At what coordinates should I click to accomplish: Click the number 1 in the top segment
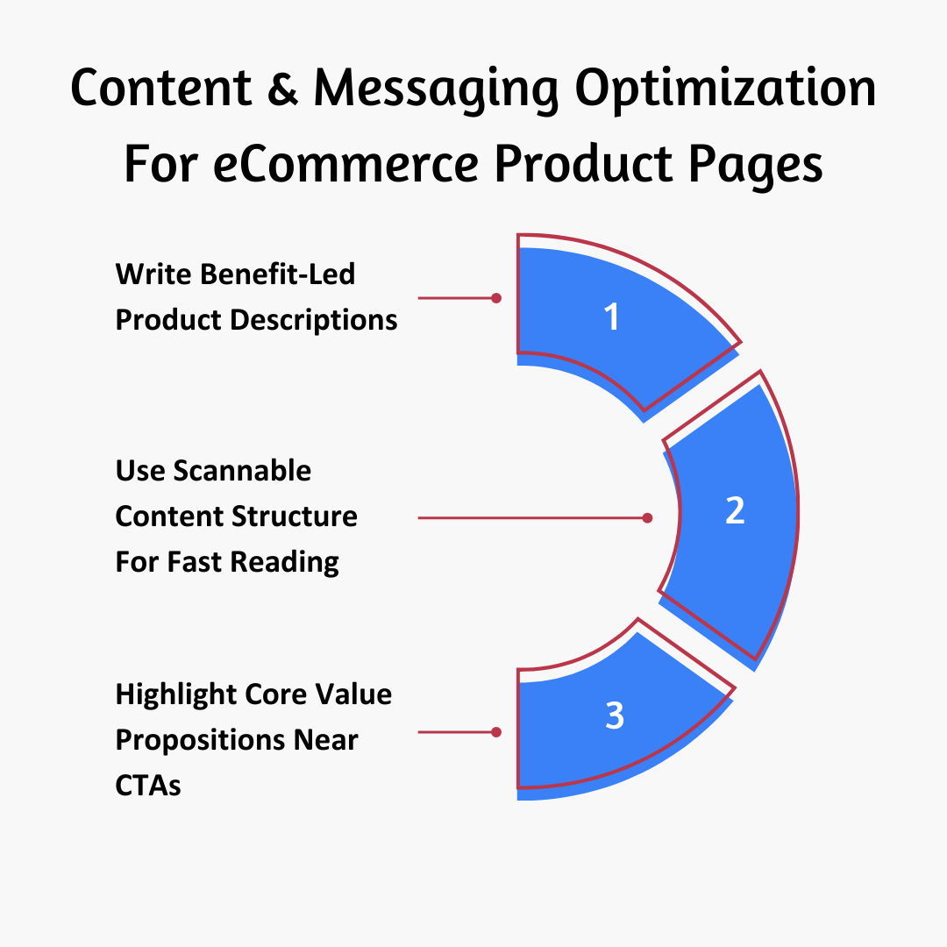(612, 317)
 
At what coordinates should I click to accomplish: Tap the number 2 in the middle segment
(735, 510)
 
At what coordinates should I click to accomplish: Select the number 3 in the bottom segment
(615, 716)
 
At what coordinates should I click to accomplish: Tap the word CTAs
(148, 786)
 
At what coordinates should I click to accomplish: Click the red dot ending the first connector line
(496, 298)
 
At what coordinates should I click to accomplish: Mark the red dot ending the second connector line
(647, 518)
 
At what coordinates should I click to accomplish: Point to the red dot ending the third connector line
(496, 731)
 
